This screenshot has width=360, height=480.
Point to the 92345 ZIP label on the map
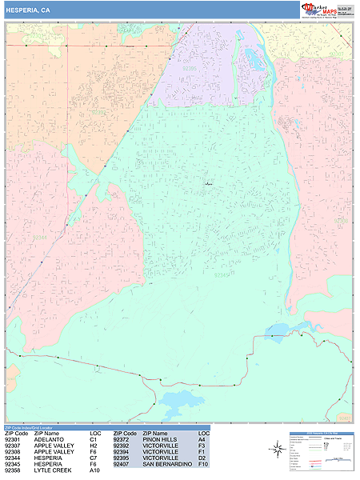(x=223, y=274)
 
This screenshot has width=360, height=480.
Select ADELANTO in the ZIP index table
(x=49, y=439)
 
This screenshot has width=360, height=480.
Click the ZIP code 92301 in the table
(x=13, y=439)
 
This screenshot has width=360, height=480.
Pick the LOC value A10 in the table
(x=94, y=470)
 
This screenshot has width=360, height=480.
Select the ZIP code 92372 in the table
(x=122, y=439)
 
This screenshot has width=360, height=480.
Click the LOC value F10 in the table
(x=203, y=464)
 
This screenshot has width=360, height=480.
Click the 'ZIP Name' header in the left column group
(x=46, y=433)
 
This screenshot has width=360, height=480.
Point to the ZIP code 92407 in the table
(x=122, y=464)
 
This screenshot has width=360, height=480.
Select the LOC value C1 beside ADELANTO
(x=93, y=439)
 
